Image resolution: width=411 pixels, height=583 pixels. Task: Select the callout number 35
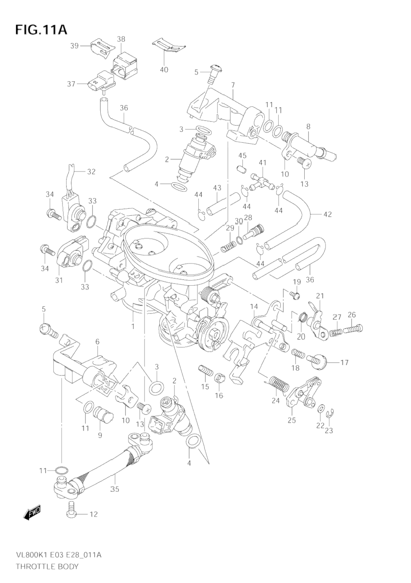click(114, 489)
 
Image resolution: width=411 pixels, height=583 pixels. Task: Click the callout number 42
click(327, 214)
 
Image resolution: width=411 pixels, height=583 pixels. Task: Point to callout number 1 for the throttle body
click(133, 326)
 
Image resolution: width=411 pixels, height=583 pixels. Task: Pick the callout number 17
click(344, 362)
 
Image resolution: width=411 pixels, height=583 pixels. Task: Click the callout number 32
click(91, 171)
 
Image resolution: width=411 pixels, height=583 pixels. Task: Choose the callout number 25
click(291, 420)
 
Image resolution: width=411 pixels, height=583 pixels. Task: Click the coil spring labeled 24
click(276, 384)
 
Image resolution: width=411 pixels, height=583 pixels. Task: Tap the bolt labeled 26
click(356, 329)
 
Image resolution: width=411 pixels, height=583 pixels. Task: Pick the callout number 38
click(121, 39)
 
